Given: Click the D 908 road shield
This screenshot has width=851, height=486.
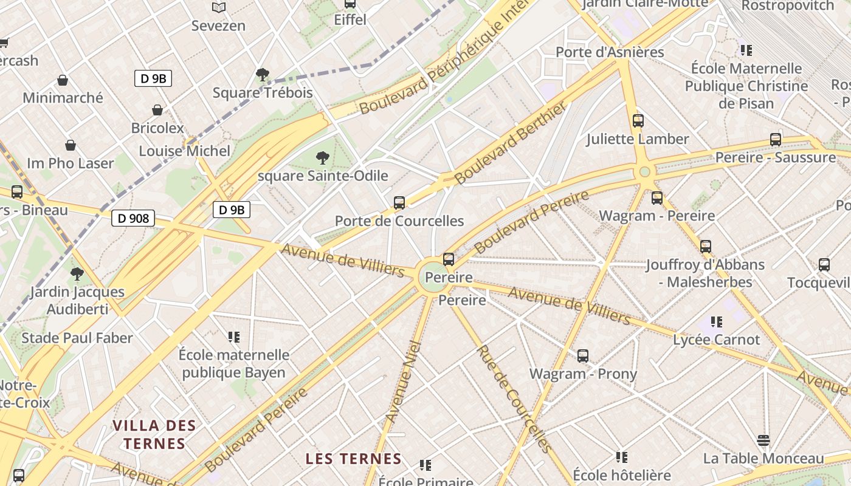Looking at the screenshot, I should [133, 218].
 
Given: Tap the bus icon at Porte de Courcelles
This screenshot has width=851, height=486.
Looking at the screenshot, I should [399, 203].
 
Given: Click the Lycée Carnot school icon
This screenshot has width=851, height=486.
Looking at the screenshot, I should [717, 322].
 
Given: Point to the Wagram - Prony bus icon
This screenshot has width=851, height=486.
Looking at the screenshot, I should [583, 356].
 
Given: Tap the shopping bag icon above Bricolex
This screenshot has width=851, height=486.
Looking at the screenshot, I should [157, 110].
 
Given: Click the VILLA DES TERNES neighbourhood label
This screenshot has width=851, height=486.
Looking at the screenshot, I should [154, 434].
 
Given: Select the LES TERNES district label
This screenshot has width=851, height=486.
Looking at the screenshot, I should [353, 459].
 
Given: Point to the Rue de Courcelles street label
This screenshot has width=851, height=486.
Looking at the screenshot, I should [515, 399].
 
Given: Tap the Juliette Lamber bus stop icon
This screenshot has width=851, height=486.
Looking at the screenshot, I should [638, 121].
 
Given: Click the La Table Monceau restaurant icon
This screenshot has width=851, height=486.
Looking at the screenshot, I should [763, 440].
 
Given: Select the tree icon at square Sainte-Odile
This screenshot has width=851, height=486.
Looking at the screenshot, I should [323, 159].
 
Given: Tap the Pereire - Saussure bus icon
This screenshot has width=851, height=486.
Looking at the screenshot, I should [776, 140].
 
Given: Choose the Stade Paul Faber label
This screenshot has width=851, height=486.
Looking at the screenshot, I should [77, 338].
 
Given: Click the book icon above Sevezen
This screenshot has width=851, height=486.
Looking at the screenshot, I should [219, 7].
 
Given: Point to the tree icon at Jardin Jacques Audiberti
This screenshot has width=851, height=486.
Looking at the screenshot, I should [77, 274].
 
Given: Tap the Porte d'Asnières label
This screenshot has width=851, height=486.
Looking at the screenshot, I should [610, 52].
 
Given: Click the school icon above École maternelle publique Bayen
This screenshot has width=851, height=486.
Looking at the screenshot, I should [234, 337].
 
